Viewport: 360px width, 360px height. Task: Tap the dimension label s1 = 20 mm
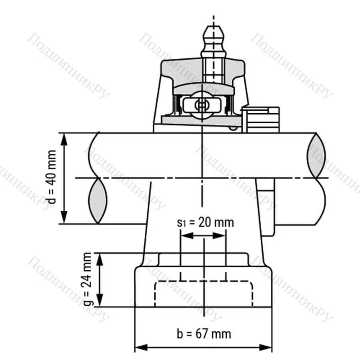[x=205, y=222]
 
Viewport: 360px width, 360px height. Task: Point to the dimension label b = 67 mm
[x=204, y=333]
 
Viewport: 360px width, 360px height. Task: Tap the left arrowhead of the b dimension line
[x=140, y=346]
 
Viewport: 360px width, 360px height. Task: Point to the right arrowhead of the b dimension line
[x=267, y=346]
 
